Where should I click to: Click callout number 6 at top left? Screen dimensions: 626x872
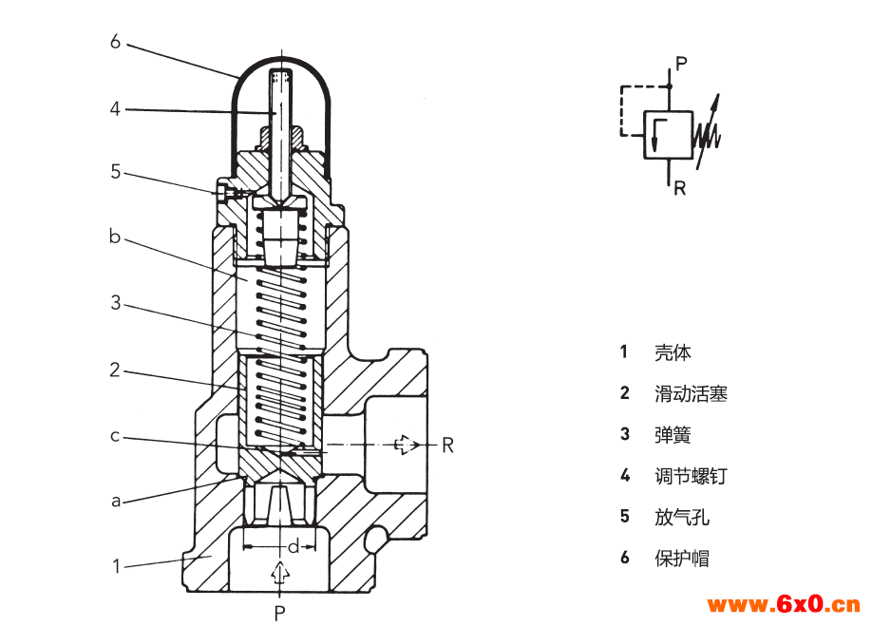(115, 41)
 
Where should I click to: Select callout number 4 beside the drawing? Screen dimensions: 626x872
(115, 109)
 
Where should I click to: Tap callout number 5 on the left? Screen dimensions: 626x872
(115, 172)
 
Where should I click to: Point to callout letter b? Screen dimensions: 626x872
(115, 237)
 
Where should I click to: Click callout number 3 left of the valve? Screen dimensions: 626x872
(115, 303)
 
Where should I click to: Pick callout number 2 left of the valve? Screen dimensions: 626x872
(115, 370)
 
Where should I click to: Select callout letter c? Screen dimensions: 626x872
(115, 436)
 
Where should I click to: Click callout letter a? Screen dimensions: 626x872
(116, 501)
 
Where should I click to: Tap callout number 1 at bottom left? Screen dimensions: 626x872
(116, 567)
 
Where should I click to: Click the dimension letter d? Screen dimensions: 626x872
(294, 546)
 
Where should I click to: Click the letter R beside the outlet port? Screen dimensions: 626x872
(447, 445)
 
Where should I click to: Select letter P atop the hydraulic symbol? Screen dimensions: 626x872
(681, 64)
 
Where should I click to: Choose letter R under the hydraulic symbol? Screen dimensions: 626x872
(679, 188)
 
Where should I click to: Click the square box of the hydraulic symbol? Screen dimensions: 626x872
(669, 134)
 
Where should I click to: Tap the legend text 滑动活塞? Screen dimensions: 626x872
(691, 393)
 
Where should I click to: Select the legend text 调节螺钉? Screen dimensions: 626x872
(691, 476)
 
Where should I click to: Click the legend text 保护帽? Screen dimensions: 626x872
(682, 558)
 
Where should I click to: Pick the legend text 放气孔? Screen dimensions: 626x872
(682, 517)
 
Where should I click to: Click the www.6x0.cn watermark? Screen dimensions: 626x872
(784, 604)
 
